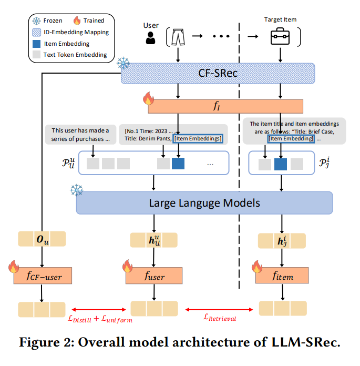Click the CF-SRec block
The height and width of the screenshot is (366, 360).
click(218, 73)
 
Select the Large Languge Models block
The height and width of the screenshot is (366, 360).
click(204, 202)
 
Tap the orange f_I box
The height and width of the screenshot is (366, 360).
click(226, 106)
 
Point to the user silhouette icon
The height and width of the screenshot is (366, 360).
click(151, 38)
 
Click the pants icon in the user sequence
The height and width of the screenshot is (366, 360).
click(179, 37)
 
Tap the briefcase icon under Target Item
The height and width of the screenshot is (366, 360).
click(281, 37)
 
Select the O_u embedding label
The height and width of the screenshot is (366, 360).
click(42, 239)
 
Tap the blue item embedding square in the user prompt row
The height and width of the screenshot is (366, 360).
click(178, 164)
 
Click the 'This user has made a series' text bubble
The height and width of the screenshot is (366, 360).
click(80, 135)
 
